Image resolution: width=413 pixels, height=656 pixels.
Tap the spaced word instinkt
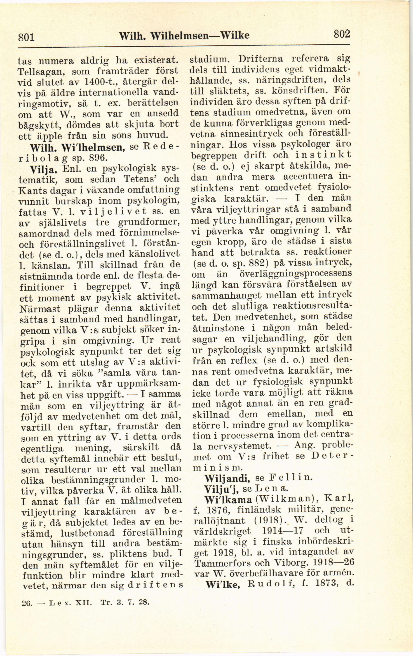click(x=323, y=155)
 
